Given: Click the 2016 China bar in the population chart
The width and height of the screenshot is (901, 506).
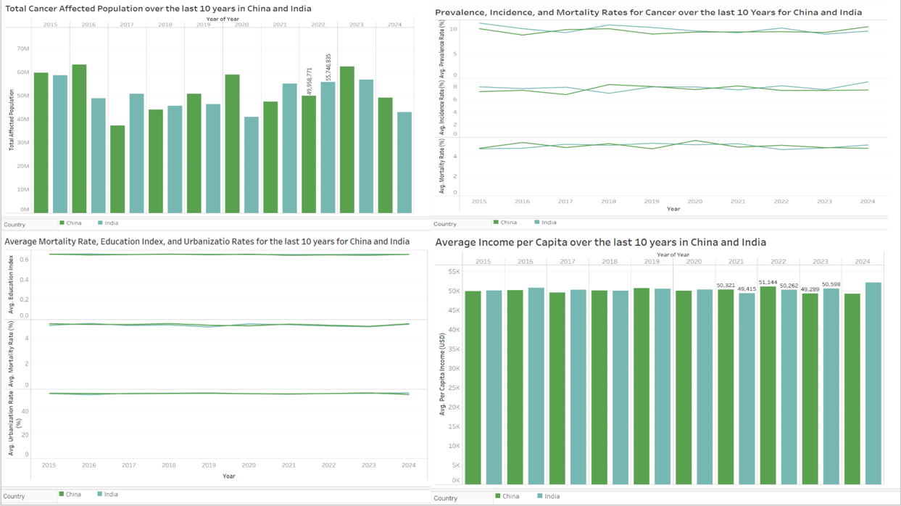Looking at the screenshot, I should (x=79, y=138).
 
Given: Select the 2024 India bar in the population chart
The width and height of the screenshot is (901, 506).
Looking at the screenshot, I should (x=404, y=162).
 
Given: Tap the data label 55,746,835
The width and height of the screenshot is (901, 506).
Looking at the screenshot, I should (x=328, y=67).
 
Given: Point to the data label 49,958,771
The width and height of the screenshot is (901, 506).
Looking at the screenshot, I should (x=310, y=81).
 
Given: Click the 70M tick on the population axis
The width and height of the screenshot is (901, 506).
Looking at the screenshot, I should (x=22, y=49).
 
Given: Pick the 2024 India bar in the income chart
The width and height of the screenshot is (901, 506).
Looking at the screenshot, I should (x=873, y=383).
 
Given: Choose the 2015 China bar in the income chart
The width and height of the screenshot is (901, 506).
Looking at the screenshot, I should (x=473, y=388).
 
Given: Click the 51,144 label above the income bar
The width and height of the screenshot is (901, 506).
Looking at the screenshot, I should (x=768, y=282).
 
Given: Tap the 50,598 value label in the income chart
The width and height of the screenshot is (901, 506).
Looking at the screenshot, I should (x=831, y=284).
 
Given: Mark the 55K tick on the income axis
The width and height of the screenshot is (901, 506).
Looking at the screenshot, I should (x=454, y=272).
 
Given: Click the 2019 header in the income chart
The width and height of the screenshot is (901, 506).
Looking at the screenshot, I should (x=652, y=262).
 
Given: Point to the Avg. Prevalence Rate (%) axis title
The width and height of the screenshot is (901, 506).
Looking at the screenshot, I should (x=443, y=51).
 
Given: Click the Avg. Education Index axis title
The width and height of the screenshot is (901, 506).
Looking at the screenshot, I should (x=11, y=284).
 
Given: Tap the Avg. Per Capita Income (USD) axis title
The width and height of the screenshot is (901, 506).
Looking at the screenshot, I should (x=442, y=374).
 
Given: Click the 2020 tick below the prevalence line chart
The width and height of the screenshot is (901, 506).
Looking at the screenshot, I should (x=694, y=202).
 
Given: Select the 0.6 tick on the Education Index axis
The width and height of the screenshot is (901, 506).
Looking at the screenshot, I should (x=24, y=260).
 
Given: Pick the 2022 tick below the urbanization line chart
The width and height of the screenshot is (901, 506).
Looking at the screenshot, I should (x=328, y=465).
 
